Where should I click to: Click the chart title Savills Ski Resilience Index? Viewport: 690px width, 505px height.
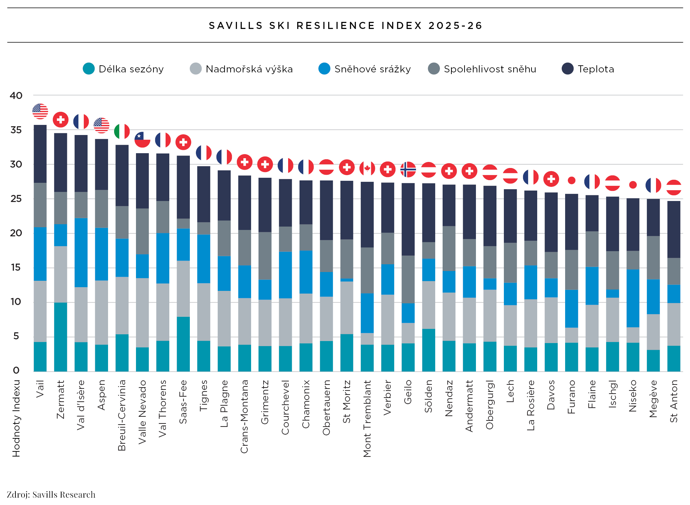coord(345,26)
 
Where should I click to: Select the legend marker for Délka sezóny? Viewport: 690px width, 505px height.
coord(89,69)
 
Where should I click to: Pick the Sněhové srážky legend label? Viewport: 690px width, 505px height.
coord(372,69)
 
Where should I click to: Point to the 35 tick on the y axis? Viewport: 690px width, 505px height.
coord(16,130)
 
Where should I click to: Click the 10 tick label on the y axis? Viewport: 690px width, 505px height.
coord(16,302)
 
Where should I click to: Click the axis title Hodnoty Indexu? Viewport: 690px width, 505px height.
coord(16,418)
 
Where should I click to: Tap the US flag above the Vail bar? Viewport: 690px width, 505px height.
coord(40,111)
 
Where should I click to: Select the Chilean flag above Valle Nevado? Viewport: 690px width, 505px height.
coord(142,139)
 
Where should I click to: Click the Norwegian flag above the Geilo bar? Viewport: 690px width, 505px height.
coord(408,169)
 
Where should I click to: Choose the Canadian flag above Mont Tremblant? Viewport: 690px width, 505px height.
coord(367,168)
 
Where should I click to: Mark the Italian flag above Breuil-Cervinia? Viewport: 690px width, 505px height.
coord(122,131)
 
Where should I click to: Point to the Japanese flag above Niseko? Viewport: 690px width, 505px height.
coord(633,184)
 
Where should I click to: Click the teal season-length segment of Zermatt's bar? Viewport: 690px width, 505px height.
coord(61,337)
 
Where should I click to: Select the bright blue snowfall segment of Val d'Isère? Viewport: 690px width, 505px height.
coord(81,252)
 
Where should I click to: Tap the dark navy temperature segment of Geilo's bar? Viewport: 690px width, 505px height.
coord(408,219)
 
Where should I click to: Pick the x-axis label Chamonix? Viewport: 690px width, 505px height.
coord(306,404)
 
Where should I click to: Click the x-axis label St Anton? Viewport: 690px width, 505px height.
coord(674,401)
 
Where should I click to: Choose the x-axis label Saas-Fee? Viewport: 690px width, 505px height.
coord(183,402)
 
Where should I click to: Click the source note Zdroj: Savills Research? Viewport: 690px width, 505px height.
coord(51,495)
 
